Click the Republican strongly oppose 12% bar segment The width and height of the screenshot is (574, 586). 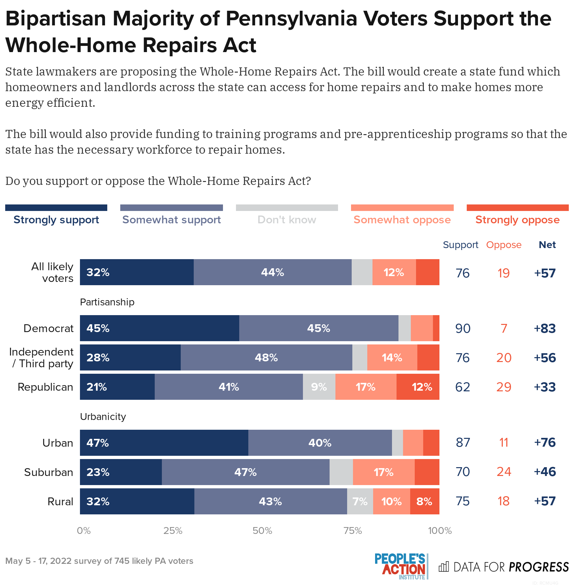[x=418, y=387]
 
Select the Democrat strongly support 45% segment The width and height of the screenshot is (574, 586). [x=159, y=328]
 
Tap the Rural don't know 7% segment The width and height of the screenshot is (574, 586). [x=360, y=501]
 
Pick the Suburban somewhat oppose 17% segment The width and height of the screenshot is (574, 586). [x=384, y=472]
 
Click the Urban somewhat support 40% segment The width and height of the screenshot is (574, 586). [x=320, y=443]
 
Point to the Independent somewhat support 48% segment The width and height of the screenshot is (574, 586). [x=266, y=357]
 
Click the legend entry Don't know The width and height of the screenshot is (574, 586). [x=287, y=220]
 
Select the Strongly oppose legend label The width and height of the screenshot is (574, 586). [x=517, y=220]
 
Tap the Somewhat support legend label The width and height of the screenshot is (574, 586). [x=172, y=220]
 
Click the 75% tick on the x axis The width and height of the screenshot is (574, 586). [x=353, y=531]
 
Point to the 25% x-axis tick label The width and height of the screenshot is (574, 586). [x=173, y=531]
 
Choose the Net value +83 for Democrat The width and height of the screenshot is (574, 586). [x=545, y=328]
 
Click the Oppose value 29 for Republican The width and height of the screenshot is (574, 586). [x=504, y=387]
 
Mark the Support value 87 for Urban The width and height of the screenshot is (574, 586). [x=463, y=443]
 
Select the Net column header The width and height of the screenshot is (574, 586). [x=547, y=245]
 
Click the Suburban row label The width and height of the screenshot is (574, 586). [x=49, y=472]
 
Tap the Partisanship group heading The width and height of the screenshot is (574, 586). [x=107, y=302]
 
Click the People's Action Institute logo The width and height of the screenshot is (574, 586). [x=401, y=567]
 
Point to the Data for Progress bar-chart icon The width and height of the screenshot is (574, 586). [x=444, y=567]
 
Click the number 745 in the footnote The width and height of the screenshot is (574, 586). [x=122, y=561]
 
